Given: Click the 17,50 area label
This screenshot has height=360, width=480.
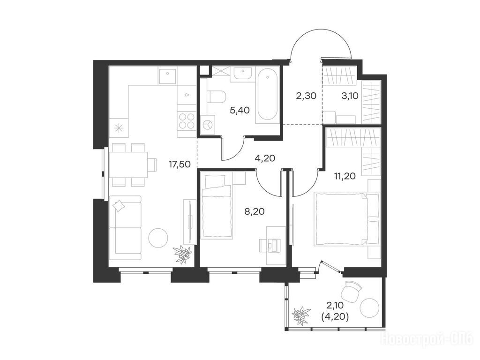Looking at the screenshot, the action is coord(180,165).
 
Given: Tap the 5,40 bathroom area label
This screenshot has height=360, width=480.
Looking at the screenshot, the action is coord(240,110).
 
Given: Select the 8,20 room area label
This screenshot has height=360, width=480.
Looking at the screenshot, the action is coord(255,211).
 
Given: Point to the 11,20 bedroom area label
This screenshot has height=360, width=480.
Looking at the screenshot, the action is coord(345,176).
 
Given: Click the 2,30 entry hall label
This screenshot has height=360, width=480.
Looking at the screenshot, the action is coord(306,96).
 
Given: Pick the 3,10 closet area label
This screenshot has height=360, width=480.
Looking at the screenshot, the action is coord(350,96).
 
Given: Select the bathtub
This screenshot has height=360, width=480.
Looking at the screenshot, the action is coord(267,96).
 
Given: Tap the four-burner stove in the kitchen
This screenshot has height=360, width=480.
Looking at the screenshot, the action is coord(187,121).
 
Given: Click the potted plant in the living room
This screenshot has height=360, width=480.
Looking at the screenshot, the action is coord(182,254).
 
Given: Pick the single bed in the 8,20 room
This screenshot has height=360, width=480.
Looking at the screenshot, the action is coord(217,205).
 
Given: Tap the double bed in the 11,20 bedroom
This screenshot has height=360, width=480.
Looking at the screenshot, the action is coord(347,218).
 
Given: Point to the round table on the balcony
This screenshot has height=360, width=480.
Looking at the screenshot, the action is coord(370,308).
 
